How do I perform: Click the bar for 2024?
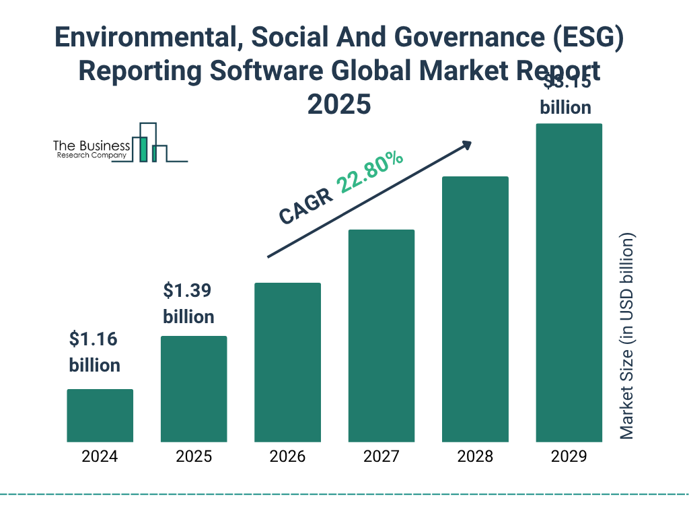tap(100, 415)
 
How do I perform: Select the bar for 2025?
tap(194, 389)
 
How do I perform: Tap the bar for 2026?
tap(287, 362)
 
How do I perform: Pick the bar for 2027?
tap(381, 336)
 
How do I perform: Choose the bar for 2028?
tap(475, 309)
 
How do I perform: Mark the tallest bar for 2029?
tap(569, 283)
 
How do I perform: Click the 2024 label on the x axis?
tap(100, 456)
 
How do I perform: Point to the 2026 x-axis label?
tap(287, 456)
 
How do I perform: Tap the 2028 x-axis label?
tap(475, 456)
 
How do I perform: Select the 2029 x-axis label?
tap(569, 456)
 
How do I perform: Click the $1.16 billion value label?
tap(95, 352)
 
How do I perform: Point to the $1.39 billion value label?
tap(188, 304)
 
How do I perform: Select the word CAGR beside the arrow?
tap(306, 205)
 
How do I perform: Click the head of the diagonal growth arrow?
tap(466, 145)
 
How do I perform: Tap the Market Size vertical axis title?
tap(627, 337)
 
